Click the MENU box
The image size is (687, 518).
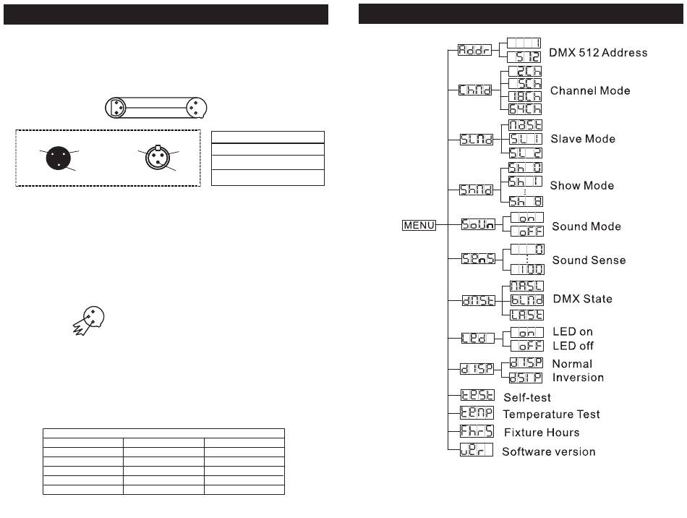419,226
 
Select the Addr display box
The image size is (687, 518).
475,51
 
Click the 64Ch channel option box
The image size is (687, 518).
525,109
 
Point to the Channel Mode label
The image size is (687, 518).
590,91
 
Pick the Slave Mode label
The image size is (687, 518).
582,138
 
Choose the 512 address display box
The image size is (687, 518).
525,56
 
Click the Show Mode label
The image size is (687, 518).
581,185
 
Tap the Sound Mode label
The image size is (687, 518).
586,226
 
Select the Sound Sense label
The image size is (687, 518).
589,260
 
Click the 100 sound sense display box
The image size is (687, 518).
528,268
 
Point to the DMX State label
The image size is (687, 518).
582,299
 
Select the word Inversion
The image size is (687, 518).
578,377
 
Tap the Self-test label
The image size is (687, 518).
527,397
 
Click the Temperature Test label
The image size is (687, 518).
551,415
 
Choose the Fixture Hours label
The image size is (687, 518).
541,433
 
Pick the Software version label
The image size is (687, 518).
549,451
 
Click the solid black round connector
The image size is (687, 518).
61,158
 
